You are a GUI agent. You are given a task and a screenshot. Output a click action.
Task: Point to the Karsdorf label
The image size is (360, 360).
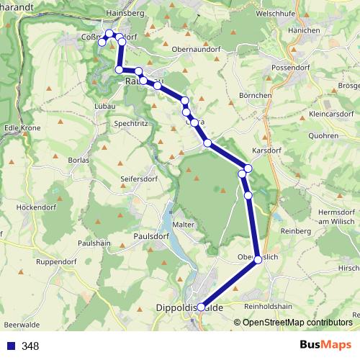tap(268, 150)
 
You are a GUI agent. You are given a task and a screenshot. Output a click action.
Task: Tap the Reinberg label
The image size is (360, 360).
tap(296, 231)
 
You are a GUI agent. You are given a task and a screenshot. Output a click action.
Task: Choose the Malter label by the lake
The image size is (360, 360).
tap(184, 225)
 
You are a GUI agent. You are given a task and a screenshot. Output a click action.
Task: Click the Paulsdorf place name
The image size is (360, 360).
tap(150, 235)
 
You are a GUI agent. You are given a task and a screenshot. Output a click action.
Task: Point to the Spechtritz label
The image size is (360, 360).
tap(131, 124)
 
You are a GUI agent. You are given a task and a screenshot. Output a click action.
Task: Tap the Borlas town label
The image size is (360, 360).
tap(78, 159)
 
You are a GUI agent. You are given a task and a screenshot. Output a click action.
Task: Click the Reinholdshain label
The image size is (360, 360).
tap(268, 307)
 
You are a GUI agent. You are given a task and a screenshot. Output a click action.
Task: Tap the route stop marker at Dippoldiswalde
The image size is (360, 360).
tap(201, 306)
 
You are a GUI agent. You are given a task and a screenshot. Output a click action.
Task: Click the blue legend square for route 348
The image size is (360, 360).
tap(10, 346)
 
